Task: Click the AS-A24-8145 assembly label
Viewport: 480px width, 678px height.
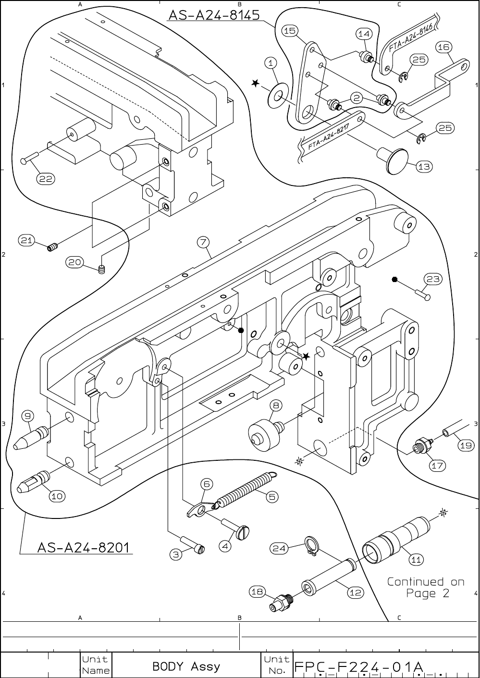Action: point(214,15)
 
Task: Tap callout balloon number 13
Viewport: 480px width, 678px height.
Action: point(424,166)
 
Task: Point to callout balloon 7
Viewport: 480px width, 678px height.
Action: point(203,242)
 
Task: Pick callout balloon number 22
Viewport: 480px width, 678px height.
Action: point(46,179)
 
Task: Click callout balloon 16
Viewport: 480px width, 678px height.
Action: point(443,47)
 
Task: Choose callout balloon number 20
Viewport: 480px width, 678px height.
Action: point(75,262)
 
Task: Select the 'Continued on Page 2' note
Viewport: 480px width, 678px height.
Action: point(426,587)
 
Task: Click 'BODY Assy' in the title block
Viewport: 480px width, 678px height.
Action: point(186,666)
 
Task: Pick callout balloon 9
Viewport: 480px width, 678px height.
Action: point(27,416)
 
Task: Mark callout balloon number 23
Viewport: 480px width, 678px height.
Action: point(433,279)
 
